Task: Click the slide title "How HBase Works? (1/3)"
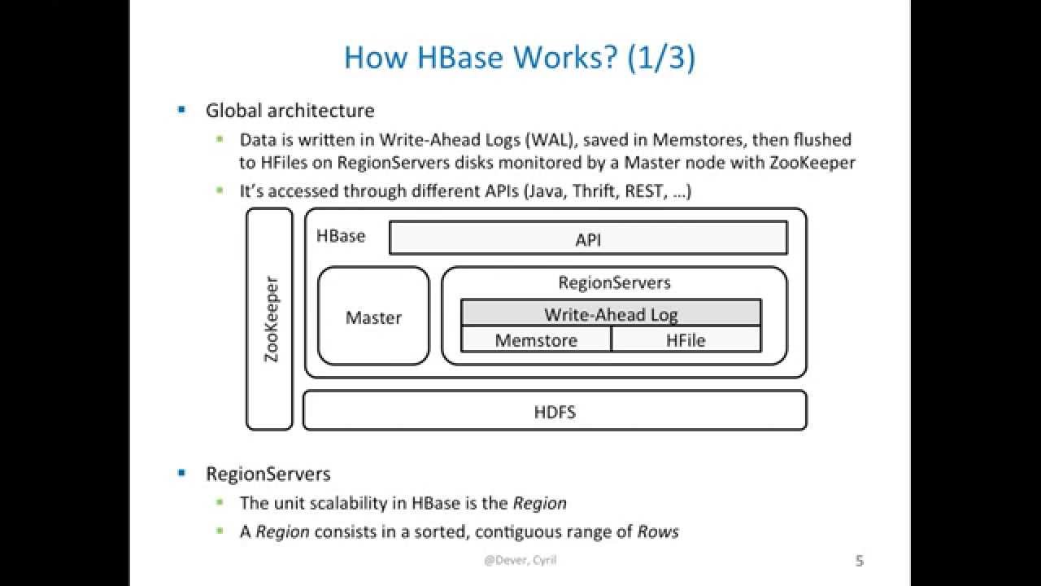click(519, 58)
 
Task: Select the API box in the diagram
click(588, 239)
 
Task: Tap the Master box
click(373, 317)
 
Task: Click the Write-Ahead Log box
click(611, 314)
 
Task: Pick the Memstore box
click(536, 340)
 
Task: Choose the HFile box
click(686, 340)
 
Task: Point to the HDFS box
click(555, 412)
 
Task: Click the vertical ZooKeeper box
click(270, 319)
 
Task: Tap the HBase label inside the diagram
click(341, 236)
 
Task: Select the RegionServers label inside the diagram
click(614, 282)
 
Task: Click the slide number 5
click(860, 561)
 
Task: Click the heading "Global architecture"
click(290, 111)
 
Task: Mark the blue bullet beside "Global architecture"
click(181, 109)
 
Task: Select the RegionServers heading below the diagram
click(268, 474)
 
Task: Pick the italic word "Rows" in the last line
click(658, 532)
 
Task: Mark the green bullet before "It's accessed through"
click(220, 190)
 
